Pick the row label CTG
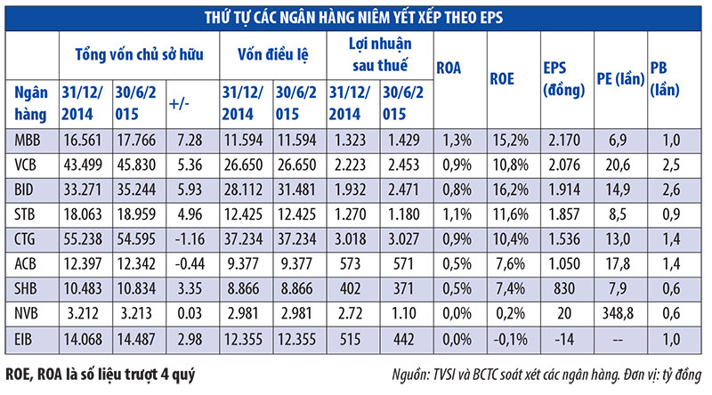click(x=28, y=238)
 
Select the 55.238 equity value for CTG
click(x=82, y=238)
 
